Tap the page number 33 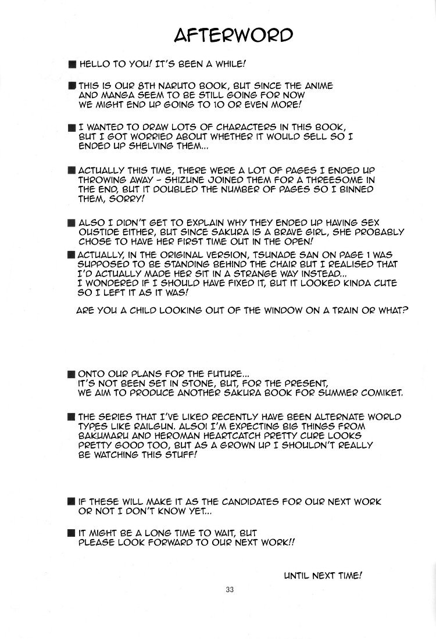230,590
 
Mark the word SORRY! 126,198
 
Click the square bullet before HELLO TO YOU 71,63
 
